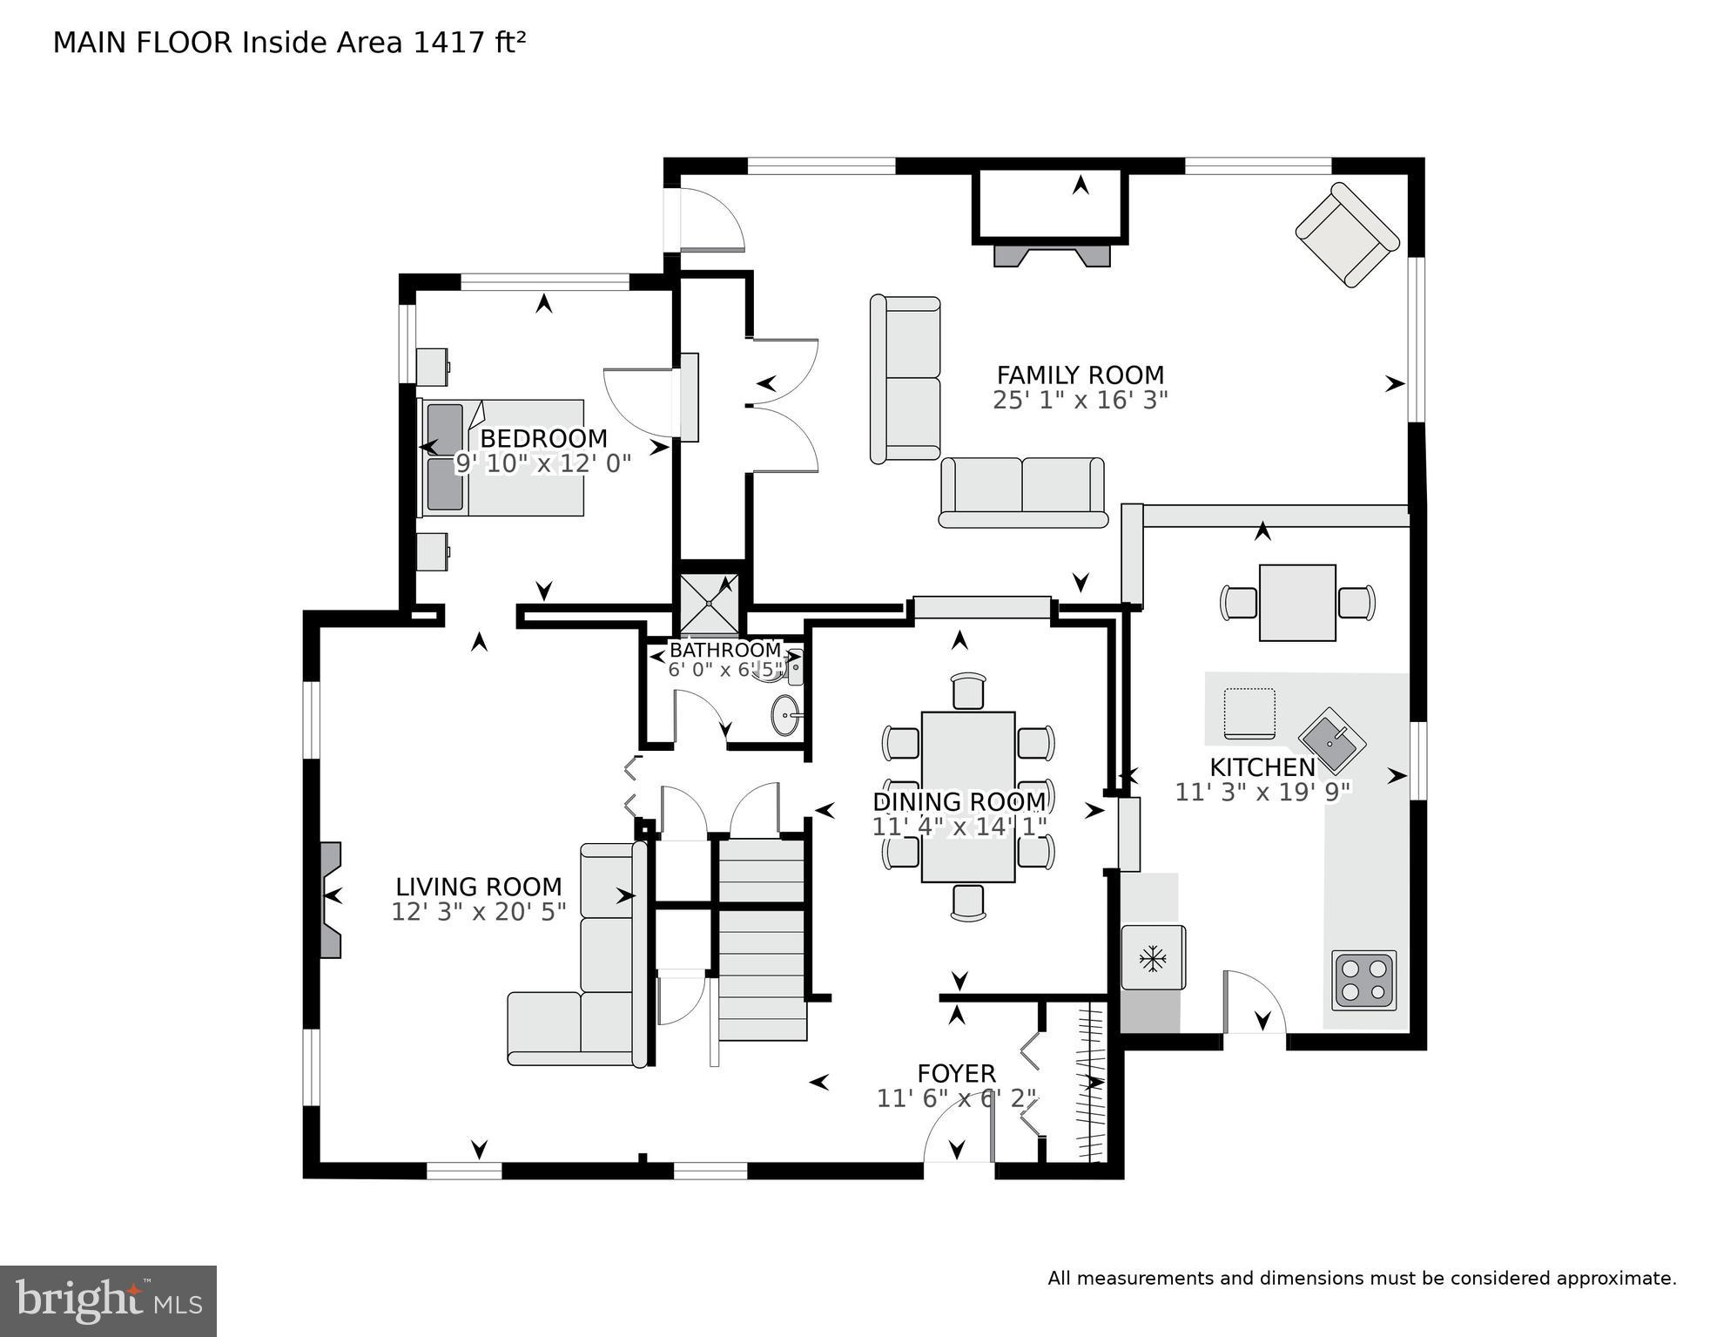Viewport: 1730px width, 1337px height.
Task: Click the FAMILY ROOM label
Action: pyautogui.click(x=1080, y=375)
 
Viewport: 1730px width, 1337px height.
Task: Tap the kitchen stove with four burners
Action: pyautogui.click(x=1363, y=980)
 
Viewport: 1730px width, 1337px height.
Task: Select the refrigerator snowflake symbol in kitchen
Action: pyautogui.click(x=1153, y=959)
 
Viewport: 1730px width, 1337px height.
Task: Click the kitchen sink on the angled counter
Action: pyautogui.click(x=1331, y=741)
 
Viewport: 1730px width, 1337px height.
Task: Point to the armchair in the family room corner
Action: pyautogui.click(x=1347, y=234)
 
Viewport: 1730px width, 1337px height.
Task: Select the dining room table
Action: pyautogui.click(x=967, y=796)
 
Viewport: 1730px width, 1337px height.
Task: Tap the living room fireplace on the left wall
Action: pyautogui.click(x=330, y=899)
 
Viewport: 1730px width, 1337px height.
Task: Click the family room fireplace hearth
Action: pyautogui.click(x=1052, y=255)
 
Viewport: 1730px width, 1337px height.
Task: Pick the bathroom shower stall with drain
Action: pyautogui.click(x=710, y=604)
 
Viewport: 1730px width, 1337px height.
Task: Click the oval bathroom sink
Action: pyautogui.click(x=785, y=715)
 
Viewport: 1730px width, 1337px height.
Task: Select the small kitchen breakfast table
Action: pyautogui.click(x=1296, y=603)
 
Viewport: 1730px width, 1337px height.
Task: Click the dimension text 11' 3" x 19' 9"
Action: pyautogui.click(x=1262, y=793)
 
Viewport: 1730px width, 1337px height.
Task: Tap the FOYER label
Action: pyautogui.click(x=956, y=1074)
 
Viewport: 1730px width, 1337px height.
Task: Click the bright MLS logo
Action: pyautogui.click(x=108, y=1301)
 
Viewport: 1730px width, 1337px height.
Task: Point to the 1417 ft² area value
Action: pyautogui.click(x=469, y=43)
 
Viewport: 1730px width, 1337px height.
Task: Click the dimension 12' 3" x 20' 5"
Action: pyautogui.click(x=478, y=912)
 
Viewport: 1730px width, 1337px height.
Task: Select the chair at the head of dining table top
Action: pyautogui.click(x=968, y=692)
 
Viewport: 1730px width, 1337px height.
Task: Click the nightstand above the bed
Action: pyautogui.click(x=433, y=367)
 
